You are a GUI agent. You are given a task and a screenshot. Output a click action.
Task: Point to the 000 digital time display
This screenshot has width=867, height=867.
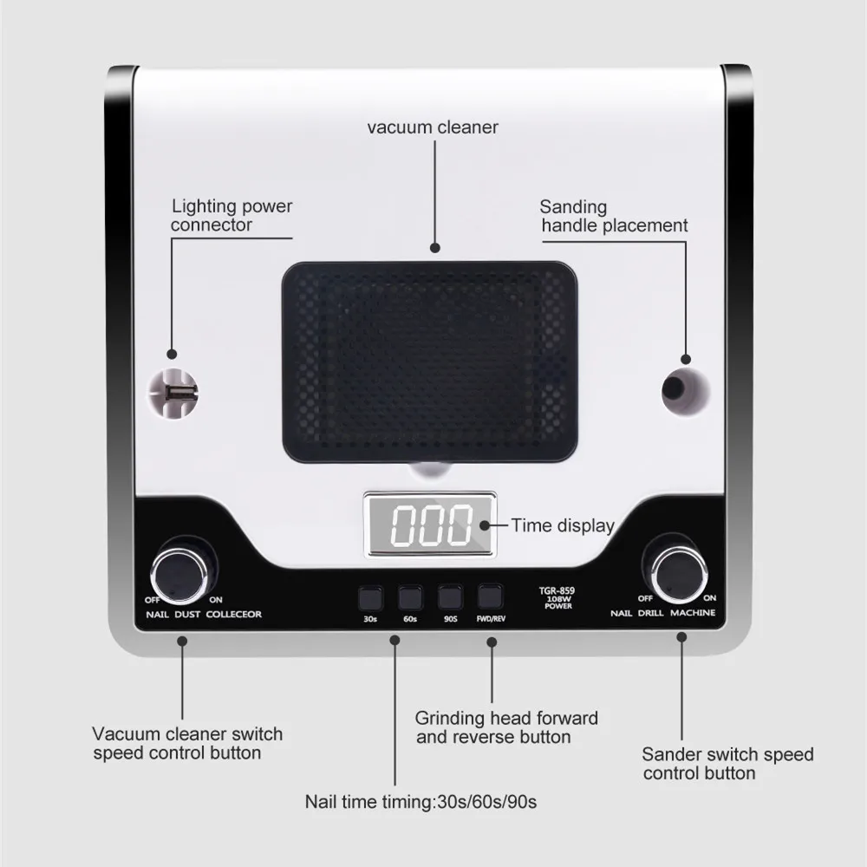pos(430,525)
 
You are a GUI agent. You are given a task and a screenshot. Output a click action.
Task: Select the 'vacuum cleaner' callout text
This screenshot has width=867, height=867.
pos(433,127)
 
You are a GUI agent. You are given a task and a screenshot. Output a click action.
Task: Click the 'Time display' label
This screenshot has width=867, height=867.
pos(562,525)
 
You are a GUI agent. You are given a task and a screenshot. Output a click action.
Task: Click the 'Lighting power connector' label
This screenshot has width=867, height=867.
pos(231,216)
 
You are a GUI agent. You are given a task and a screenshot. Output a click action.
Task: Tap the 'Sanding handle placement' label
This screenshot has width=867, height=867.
pos(613,217)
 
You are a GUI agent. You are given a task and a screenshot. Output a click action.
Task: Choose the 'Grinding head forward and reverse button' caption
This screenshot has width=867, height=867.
pos(506,727)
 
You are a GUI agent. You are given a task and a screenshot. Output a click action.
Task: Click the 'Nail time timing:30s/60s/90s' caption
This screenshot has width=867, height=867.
pos(420,802)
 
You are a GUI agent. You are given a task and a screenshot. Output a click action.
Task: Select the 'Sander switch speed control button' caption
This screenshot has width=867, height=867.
pos(727,764)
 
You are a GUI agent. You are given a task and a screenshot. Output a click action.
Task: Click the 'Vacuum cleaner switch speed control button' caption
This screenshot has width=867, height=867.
pos(187,743)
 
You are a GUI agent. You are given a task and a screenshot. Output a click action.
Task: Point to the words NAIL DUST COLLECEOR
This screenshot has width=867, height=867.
pos(203,615)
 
